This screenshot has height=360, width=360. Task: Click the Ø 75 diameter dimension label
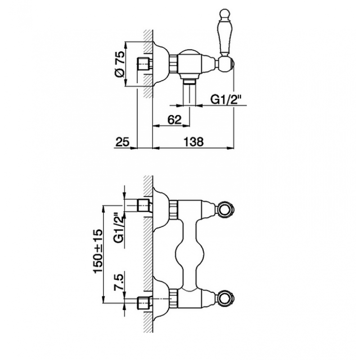tap(120, 64)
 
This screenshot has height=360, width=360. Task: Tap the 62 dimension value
tap(175, 119)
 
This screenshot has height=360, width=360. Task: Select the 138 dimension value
tap(193, 142)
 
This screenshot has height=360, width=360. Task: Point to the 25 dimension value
tap(122, 142)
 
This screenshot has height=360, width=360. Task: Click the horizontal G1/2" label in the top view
tap(226, 99)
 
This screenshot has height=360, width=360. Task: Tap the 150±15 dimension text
tap(98, 251)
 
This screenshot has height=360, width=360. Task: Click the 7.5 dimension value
tap(119, 281)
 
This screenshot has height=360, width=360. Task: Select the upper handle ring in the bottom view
tap(225, 209)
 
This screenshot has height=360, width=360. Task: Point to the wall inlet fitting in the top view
tap(144, 64)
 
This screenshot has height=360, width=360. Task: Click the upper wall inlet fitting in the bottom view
tap(144, 205)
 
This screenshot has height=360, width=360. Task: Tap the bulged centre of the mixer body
tap(189, 254)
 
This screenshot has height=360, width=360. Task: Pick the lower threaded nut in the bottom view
tap(174, 298)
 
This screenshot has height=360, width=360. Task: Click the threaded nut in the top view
tap(174, 64)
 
